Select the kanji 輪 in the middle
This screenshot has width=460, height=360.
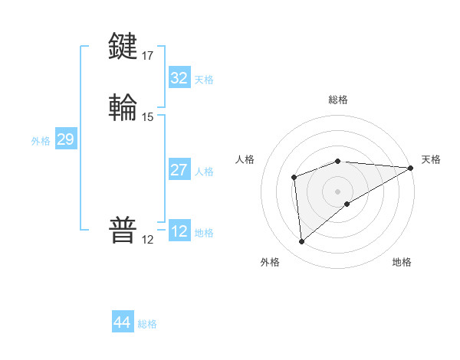(123, 107)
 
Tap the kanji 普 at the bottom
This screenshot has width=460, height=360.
(123, 231)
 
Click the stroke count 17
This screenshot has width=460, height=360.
(148, 55)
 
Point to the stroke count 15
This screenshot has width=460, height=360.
(148, 117)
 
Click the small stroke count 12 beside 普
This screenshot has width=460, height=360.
(148, 240)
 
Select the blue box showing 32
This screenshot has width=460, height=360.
(179, 78)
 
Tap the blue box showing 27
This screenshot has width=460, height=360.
(179, 170)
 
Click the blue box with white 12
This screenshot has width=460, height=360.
(179, 231)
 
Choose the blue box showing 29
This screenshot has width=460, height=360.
(65, 139)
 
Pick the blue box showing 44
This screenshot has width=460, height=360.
(122, 322)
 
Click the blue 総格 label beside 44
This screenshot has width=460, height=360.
(148, 324)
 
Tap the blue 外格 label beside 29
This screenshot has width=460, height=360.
(41, 141)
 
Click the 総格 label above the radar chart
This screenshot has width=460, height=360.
(338, 100)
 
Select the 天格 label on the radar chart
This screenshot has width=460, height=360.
(431, 159)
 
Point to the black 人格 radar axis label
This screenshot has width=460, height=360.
(245, 159)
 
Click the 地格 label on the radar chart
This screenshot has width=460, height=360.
(402, 262)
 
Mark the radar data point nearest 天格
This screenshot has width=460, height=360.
(411, 168)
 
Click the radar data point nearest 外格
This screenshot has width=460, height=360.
(301, 242)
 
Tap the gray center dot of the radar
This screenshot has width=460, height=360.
(338, 191)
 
